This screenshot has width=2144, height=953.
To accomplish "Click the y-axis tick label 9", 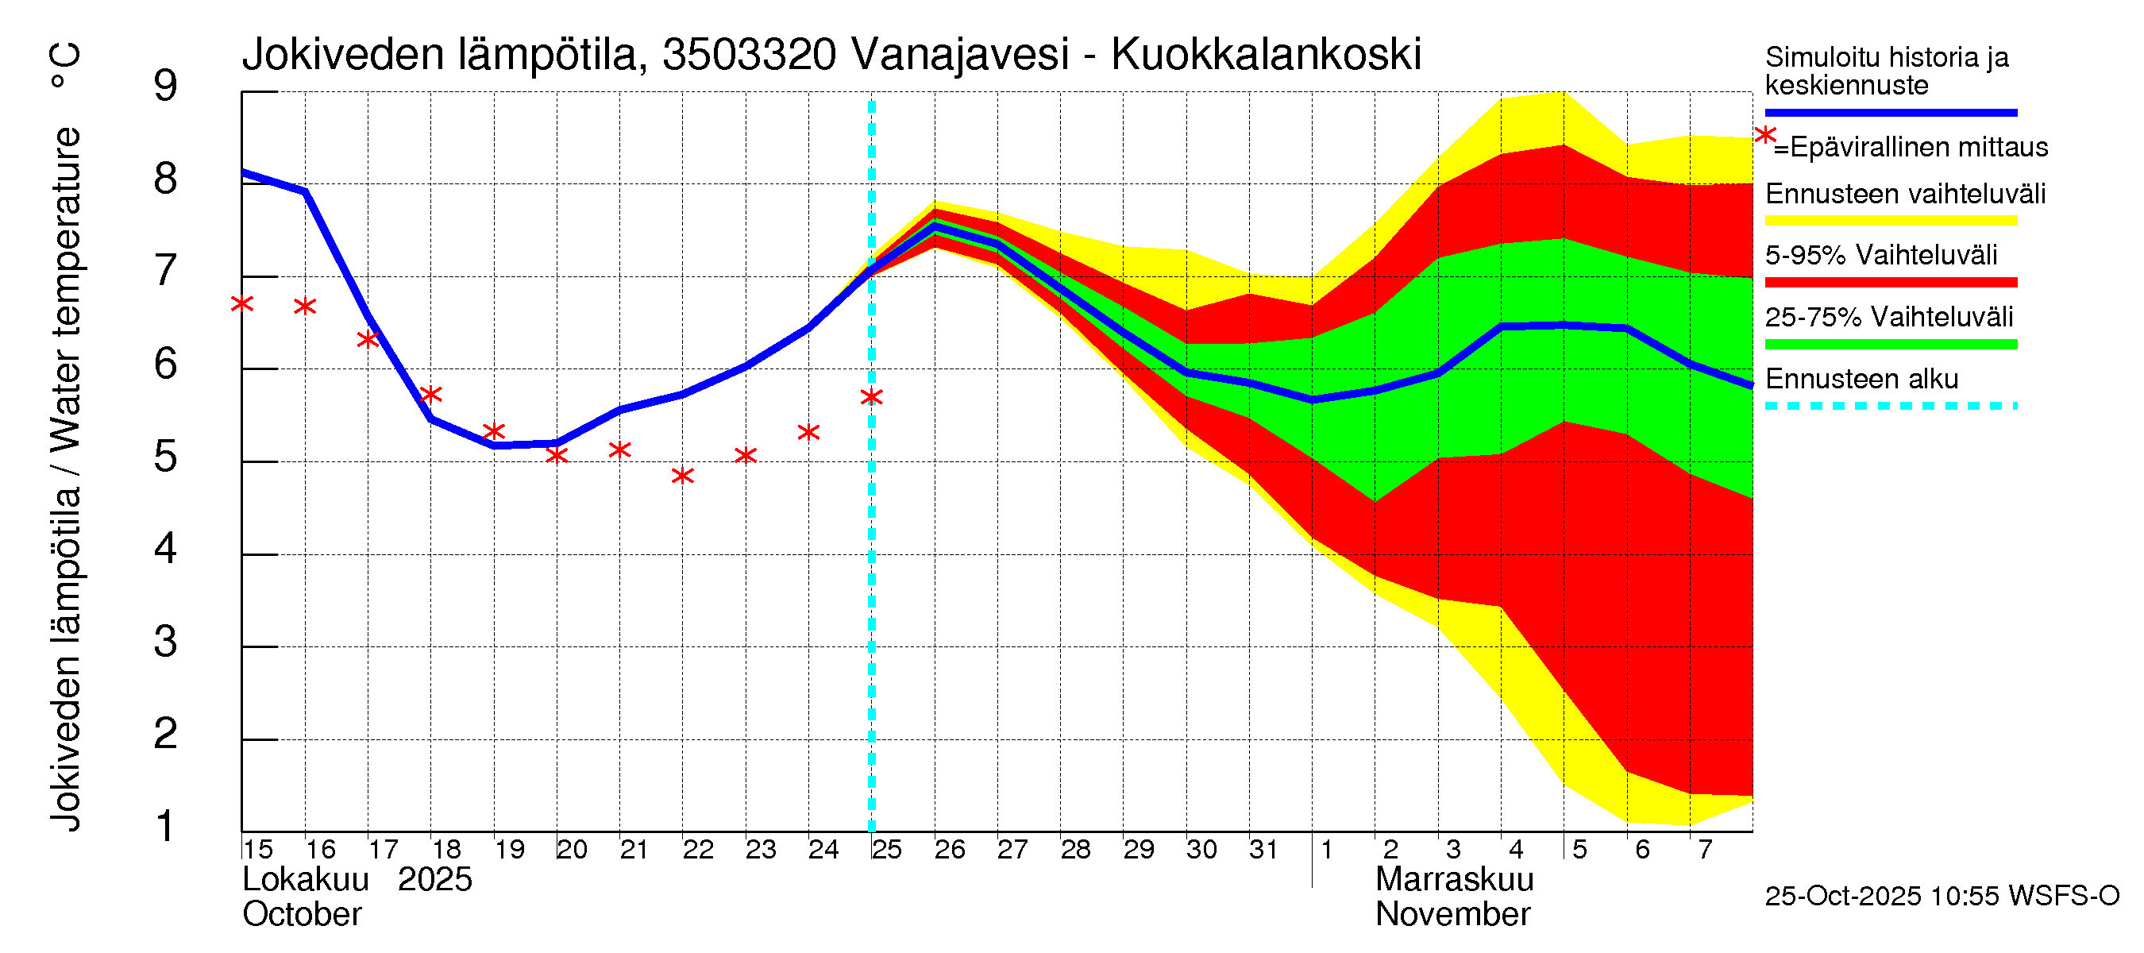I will tap(166, 86).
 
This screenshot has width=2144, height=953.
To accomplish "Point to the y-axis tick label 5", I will tap(166, 456).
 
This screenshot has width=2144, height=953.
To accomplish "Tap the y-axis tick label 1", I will tap(166, 826).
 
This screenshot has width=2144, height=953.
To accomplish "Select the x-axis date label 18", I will tap(446, 849).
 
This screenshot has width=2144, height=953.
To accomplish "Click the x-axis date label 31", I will tap(1263, 849).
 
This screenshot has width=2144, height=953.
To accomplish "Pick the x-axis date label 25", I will tap(886, 849).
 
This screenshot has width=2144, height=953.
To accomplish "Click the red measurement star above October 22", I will tap(682, 475).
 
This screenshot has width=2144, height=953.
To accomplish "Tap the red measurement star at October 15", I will tap(242, 304).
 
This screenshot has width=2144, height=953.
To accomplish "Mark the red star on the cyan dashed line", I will tap(871, 397).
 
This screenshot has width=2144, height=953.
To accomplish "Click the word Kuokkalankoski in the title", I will tap(1266, 55).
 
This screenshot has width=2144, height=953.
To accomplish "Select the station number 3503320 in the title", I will tap(749, 55).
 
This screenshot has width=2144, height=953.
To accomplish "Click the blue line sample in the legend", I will tap(1890, 112).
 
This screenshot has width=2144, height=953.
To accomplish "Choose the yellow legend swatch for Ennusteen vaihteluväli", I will tap(1890, 221).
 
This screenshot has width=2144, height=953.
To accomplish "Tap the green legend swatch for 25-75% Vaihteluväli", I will tap(1890, 344).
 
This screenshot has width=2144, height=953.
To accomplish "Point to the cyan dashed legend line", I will tap(1890, 405).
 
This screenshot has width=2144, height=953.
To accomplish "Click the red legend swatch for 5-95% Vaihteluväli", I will tap(1890, 282).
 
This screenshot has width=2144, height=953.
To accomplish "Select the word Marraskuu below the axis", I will tap(1454, 879).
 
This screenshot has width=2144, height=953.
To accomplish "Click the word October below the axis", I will tap(301, 914).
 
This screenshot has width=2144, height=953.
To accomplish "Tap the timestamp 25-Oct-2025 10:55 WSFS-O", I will tap(1942, 896).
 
